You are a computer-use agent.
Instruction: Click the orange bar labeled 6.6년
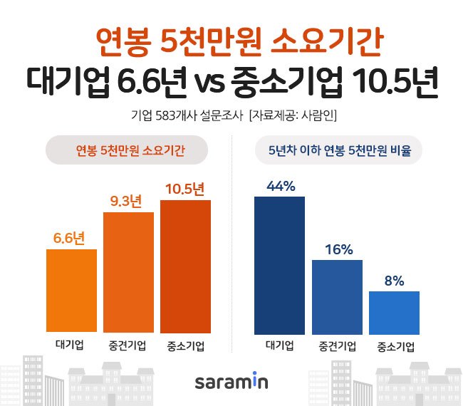tap(71, 291)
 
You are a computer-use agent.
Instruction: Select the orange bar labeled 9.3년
tap(128, 272)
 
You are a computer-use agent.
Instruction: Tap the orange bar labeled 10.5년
tap(185, 266)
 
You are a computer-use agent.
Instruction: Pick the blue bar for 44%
tap(279, 264)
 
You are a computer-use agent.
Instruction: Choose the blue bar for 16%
tap(337, 296)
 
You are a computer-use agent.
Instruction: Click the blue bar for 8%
tap(394, 312)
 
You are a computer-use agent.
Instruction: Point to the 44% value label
tap(280, 187)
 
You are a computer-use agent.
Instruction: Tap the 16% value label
tap(338, 250)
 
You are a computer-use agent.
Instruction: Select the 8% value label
tap(394, 281)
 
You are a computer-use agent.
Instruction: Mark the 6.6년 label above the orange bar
tap(71, 238)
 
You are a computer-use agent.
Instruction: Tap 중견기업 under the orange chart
tap(128, 346)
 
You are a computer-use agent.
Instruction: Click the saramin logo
tap(231, 382)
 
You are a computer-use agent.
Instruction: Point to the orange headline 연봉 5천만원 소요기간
tap(231, 41)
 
